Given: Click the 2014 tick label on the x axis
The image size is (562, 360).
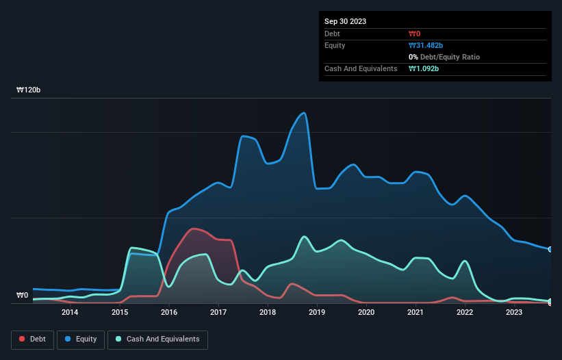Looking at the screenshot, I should tap(69, 313).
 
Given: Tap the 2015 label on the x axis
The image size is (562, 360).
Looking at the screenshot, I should tap(120, 313).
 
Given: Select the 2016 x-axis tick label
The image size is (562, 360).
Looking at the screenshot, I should tap(169, 313).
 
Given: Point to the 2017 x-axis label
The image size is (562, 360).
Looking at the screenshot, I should tap(218, 313).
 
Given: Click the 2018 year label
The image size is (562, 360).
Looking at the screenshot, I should tap(268, 313).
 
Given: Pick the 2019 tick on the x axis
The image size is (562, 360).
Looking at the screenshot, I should tap(317, 313).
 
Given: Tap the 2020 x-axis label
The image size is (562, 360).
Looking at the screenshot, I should tap(366, 313).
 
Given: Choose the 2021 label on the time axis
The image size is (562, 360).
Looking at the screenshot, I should tap(416, 313).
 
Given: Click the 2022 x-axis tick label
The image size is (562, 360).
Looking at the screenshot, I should tap(465, 313).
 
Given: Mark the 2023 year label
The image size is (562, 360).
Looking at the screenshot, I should tap(514, 313).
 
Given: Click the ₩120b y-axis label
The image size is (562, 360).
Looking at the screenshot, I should tap(29, 90).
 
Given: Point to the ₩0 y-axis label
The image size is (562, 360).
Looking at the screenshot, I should tap(23, 296).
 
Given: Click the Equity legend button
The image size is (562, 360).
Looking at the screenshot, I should tap(81, 339).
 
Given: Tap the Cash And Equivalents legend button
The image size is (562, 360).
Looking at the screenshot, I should tap(157, 339).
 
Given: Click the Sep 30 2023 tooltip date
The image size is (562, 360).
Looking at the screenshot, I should tap(345, 21).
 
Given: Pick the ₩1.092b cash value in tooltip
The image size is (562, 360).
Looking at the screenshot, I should tap(424, 68).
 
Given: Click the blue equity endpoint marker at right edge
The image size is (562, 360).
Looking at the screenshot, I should tap(550, 249).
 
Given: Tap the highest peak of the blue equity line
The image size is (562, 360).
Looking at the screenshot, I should tap(304, 114).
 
